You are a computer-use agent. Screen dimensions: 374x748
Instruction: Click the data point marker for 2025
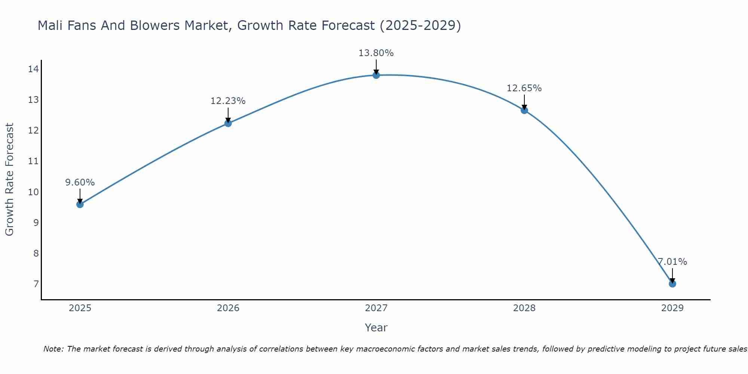pyautogui.click(x=80, y=204)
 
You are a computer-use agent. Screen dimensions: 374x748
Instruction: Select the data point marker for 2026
pyautogui.click(x=228, y=123)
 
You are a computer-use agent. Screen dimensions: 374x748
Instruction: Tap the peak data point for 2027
pyautogui.click(x=376, y=75)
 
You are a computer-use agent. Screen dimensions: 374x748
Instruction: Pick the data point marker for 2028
pyautogui.click(x=524, y=110)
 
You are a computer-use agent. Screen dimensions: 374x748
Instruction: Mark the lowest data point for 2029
pyautogui.click(x=672, y=284)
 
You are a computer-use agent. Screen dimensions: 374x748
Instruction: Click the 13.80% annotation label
pyautogui.click(x=376, y=53)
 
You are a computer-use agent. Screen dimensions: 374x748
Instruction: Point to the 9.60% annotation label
pyautogui.click(x=80, y=183)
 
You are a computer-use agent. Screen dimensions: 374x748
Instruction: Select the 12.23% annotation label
pyautogui.click(x=228, y=101)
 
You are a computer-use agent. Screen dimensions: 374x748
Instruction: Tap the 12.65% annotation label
pyautogui.click(x=524, y=88)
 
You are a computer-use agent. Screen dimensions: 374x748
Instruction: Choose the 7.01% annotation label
pyautogui.click(x=672, y=262)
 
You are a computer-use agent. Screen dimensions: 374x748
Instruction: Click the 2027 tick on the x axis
pyautogui.click(x=376, y=308)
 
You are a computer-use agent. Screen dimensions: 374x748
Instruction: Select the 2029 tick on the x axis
pyautogui.click(x=672, y=308)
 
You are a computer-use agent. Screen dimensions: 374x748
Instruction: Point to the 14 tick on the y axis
pyautogui.click(x=33, y=69)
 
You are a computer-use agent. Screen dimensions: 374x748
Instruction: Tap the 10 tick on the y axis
pyautogui.click(x=33, y=192)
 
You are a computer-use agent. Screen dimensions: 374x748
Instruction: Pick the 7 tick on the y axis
pyautogui.click(x=36, y=284)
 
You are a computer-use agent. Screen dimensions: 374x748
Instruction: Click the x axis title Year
pyautogui.click(x=376, y=328)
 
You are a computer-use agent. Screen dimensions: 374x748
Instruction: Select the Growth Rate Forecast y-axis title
pyautogui.click(x=9, y=180)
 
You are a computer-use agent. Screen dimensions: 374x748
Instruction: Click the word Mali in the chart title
pyautogui.click(x=50, y=25)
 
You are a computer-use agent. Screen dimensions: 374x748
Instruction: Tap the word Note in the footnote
pyautogui.click(x=53, y=349)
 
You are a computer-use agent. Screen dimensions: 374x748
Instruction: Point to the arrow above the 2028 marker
pyautogui.click(x=524, y=102)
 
